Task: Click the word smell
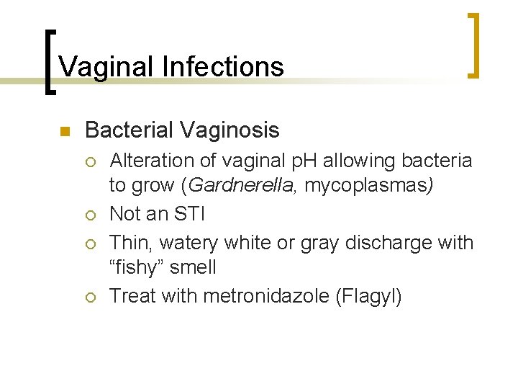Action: tap(194, 267)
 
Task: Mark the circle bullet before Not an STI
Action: tap(91, 215)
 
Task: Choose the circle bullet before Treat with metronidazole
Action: tap(91, 297)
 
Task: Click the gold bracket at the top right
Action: tap(473, 45)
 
